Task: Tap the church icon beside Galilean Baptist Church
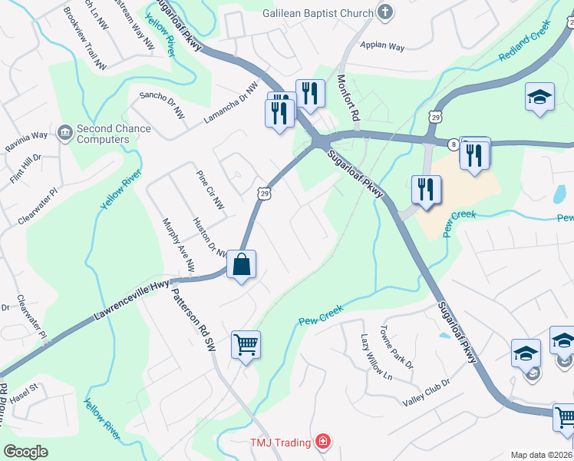[x=385, y=12]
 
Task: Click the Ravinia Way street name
[x=26, y=141]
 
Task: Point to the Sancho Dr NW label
[x=162, y=104]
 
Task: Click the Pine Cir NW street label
[x=209, y=190]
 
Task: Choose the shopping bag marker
[x=241, y=264]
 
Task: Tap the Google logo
[x=25, y=452]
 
